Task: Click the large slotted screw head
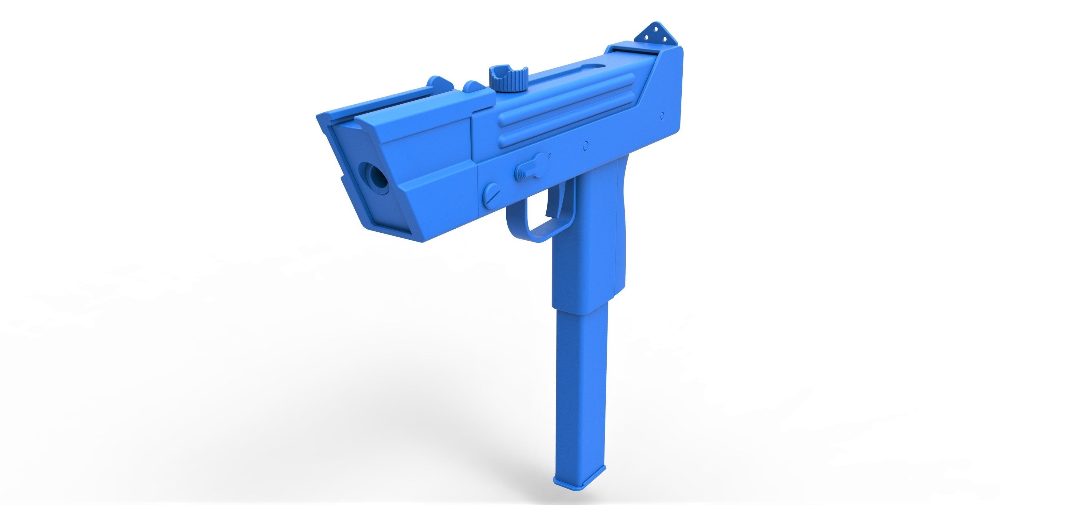pyautogui.click(x=492, y=194)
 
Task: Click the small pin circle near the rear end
pyautogui.click(x=662, y=115)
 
